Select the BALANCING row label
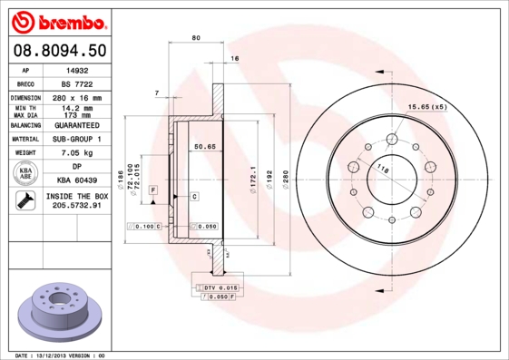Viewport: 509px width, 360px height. (26, 124)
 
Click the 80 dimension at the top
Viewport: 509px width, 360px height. (196, 37)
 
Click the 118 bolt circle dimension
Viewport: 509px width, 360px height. (382, 169)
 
